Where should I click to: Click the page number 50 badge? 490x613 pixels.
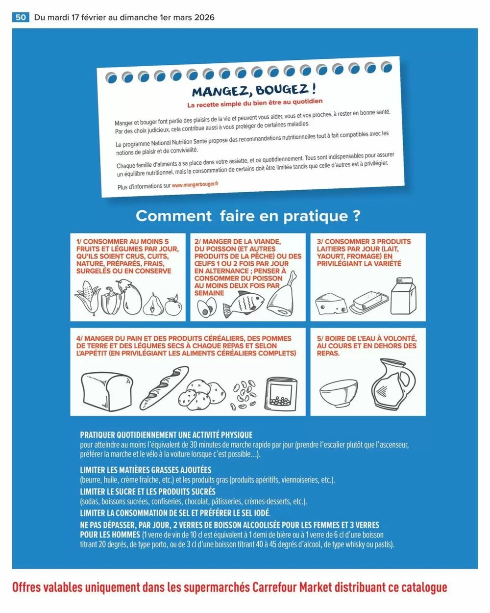(x=21, y=17)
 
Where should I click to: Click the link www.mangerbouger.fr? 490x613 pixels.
(x=195, y=184)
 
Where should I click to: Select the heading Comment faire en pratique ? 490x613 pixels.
(x=247, y=216)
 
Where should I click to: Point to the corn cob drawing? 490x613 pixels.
(x=87, y=298)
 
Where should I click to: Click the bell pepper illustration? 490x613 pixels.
(x=111, y=300)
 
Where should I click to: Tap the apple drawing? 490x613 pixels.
(x=173, y=305)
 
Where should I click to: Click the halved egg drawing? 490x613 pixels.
(x=206, y=308)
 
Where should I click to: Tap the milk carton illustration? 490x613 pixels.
(x=403, y=296)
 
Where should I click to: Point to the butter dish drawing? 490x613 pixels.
(x=369, y=302)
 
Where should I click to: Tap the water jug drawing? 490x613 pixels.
(x=392, y=384)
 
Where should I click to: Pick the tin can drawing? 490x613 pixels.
(x=281, y=395)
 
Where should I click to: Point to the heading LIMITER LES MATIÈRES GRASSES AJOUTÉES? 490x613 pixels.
(x=146, y=470)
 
